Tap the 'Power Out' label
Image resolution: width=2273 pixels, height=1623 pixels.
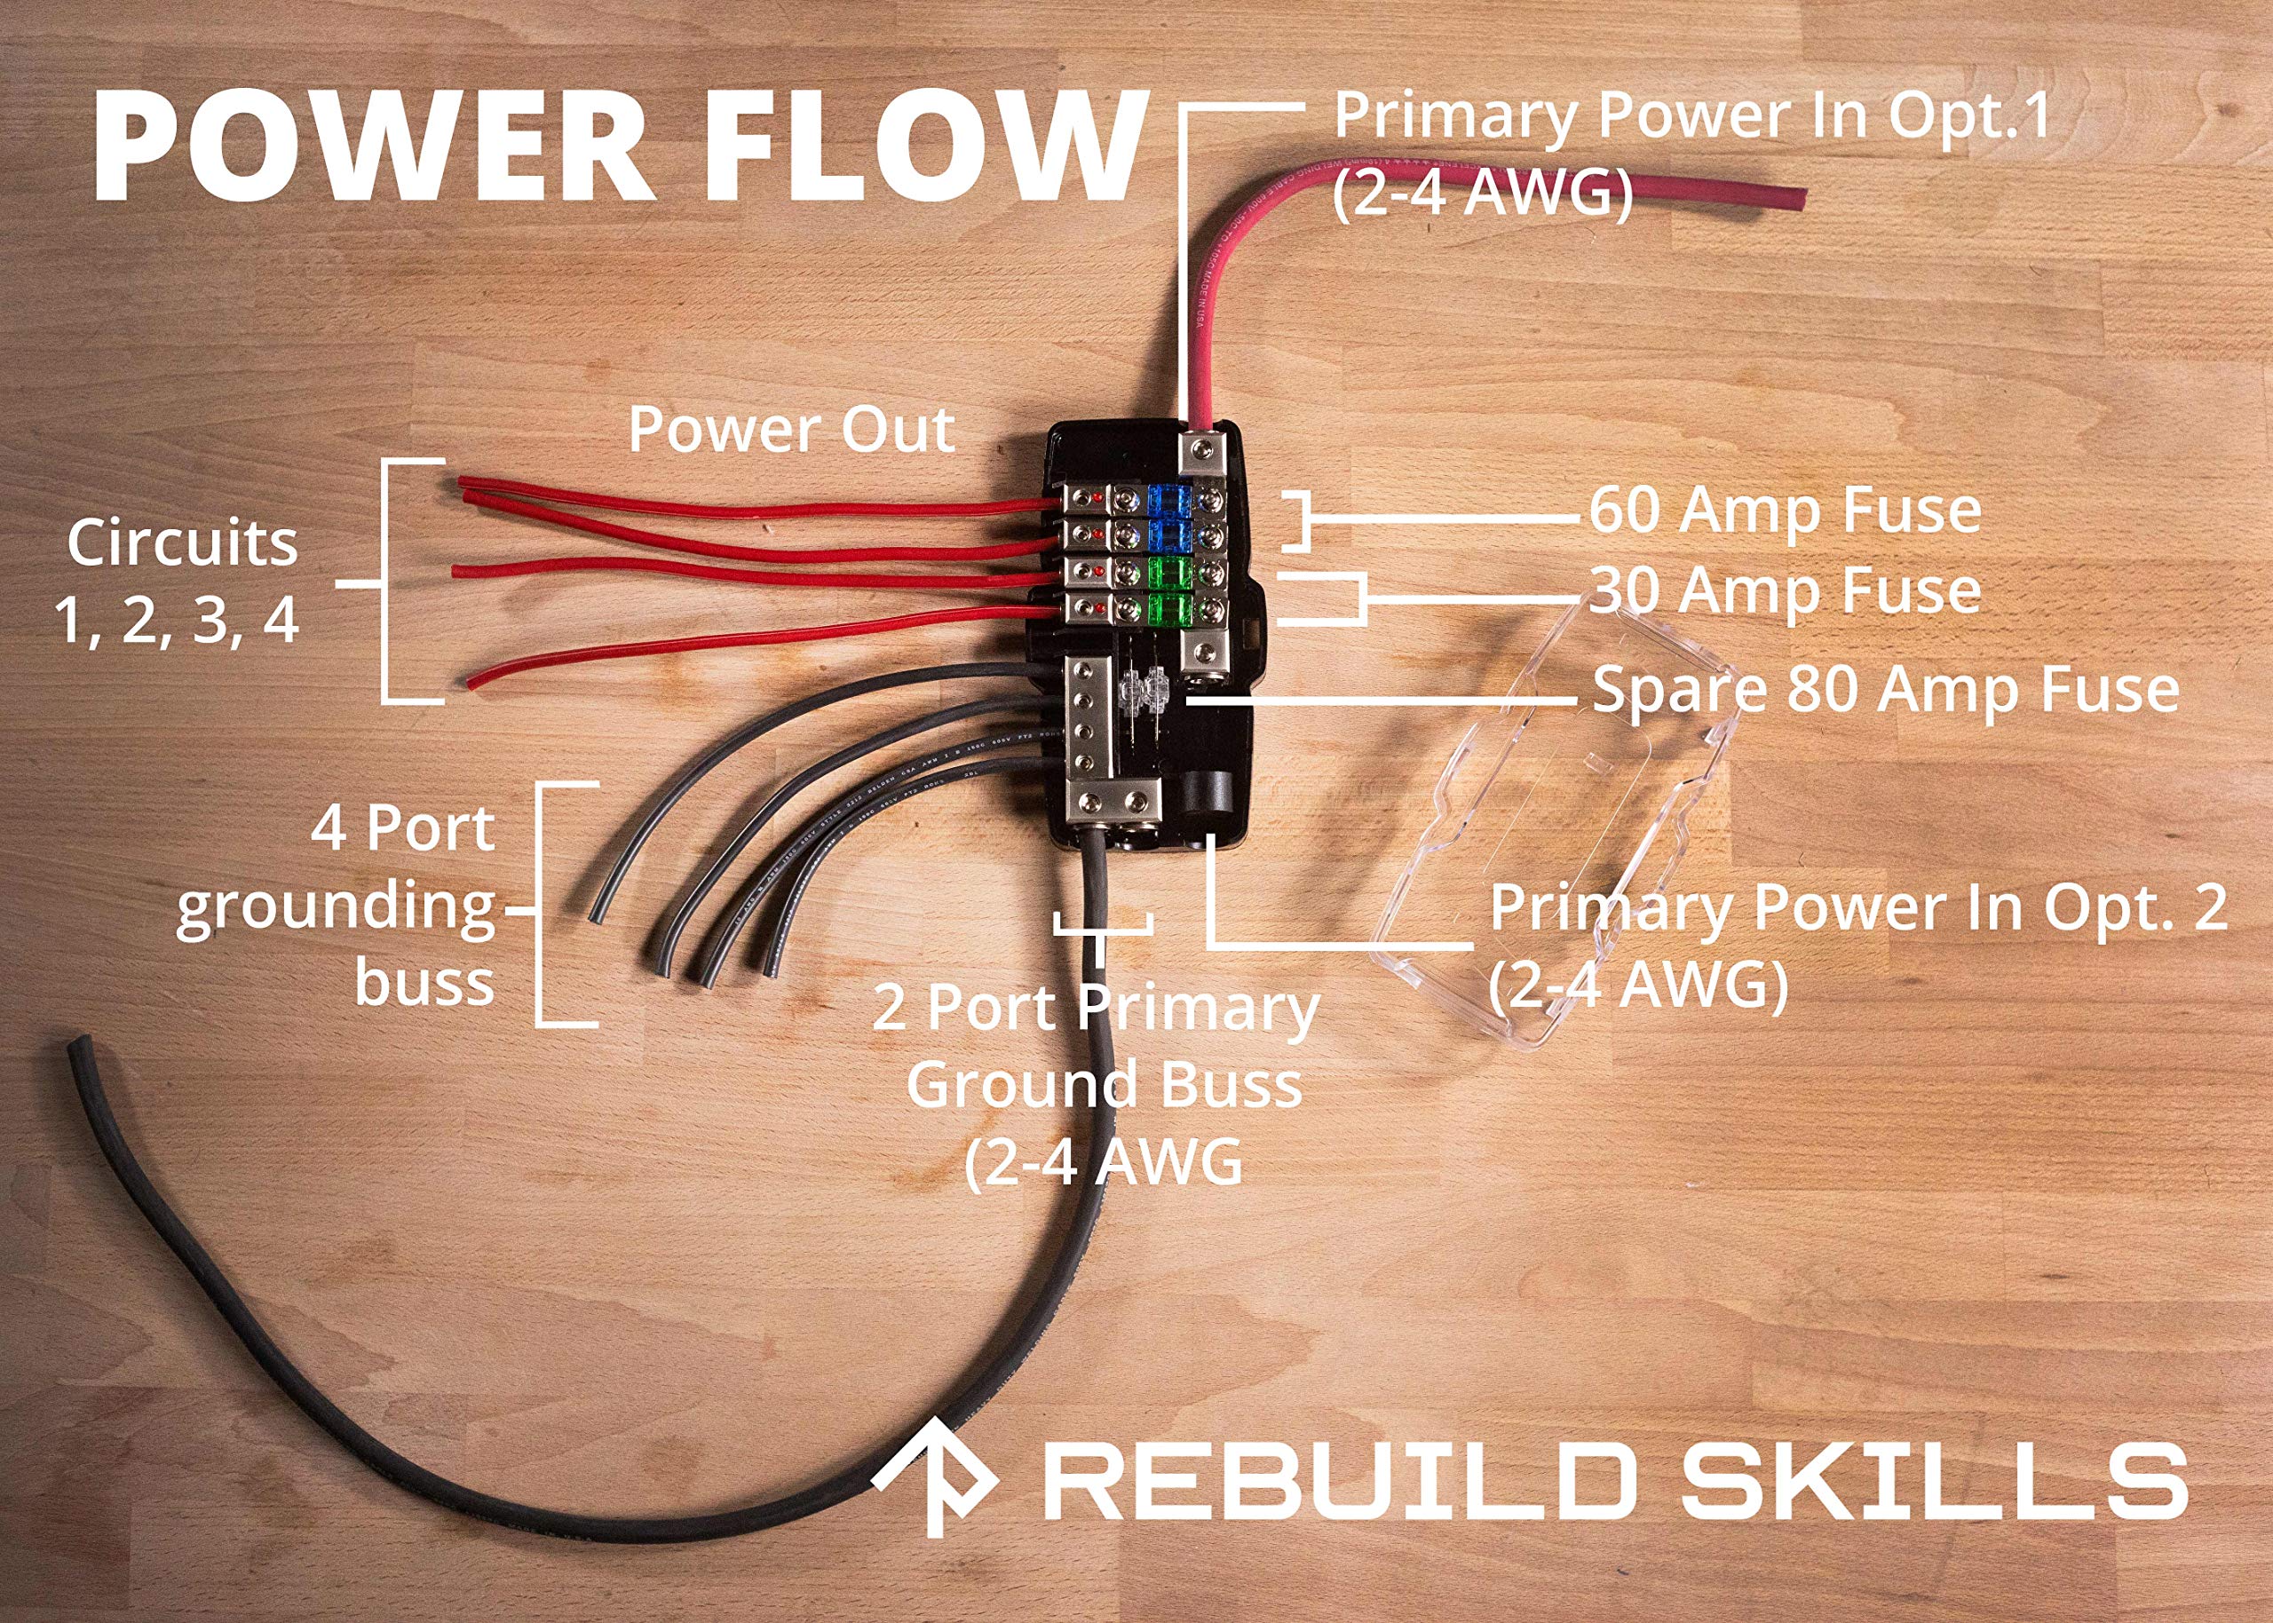click(x=791, y=430)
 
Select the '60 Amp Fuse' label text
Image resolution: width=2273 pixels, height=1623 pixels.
click(x=1785, y=511)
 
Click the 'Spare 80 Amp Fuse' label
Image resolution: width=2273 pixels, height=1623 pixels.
click(x=1884, y=690)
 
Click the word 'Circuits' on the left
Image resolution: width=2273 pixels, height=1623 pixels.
click(x=182, y=544)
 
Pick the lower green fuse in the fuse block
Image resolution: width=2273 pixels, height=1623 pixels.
click(x=1165, y=606)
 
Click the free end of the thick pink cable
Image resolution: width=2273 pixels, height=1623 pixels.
click(x=1794, y=198)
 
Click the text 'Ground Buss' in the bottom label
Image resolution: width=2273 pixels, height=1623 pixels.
click(x=1104, y=1085)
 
